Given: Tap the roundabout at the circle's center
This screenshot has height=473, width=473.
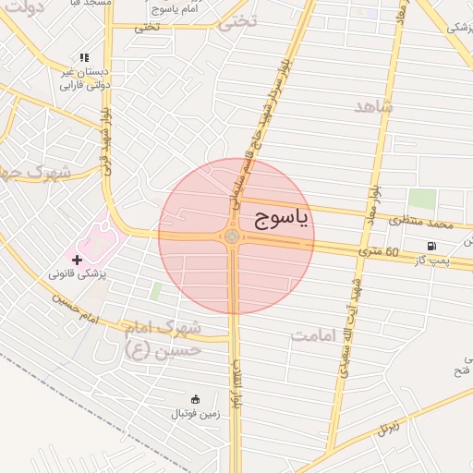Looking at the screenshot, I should tap(231, 237).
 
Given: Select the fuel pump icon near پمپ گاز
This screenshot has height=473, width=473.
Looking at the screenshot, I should tap(431, 245).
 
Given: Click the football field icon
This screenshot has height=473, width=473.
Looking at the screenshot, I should tap(195, 399).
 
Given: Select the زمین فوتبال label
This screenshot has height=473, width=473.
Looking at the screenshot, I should tap(199, 415).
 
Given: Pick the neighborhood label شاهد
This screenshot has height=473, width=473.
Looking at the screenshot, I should tap(373, 106).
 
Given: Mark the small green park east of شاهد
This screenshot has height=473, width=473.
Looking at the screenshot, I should tap(422, 199).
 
